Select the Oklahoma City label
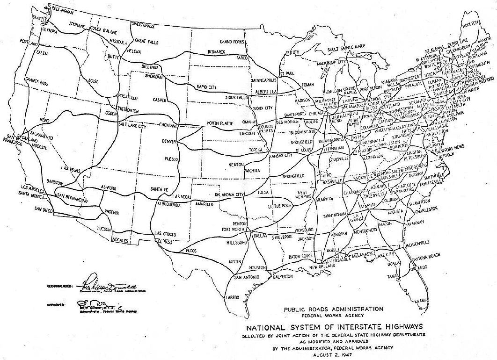[229, 194]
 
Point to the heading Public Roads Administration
[333, 309]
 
